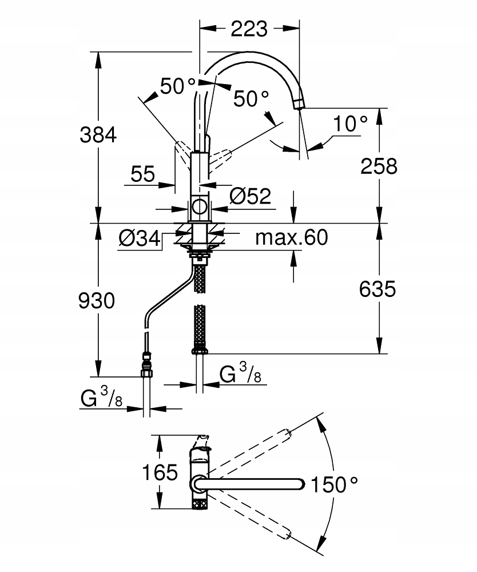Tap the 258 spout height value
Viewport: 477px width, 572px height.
point(379,166)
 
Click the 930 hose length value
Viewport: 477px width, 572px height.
point(97,300)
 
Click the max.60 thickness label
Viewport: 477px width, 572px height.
point(292,237)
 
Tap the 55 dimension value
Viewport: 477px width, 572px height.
point(143,174)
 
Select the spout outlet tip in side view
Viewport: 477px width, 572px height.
point(299,104)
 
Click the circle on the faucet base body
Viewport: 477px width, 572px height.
point(200,207)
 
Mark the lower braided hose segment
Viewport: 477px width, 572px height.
point(200,326)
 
